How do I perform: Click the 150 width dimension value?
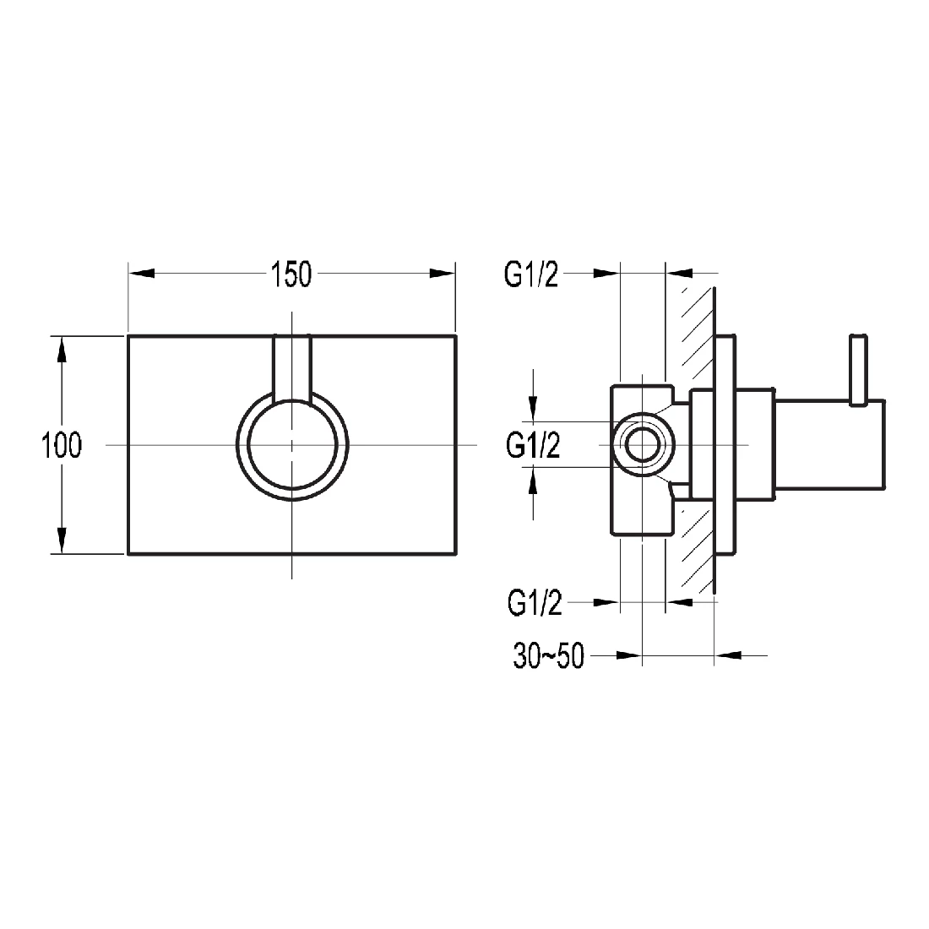[291, 274]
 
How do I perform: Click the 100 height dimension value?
[62, 444]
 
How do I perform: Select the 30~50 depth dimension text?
[548, 655]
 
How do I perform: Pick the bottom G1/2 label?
[535, 603]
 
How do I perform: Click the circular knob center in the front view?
[291, 444]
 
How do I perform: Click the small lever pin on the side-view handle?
[859, 368]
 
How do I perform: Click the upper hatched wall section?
[696, 338]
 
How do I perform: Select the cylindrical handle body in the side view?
[828, 444]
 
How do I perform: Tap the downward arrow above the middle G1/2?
[533, 408]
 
